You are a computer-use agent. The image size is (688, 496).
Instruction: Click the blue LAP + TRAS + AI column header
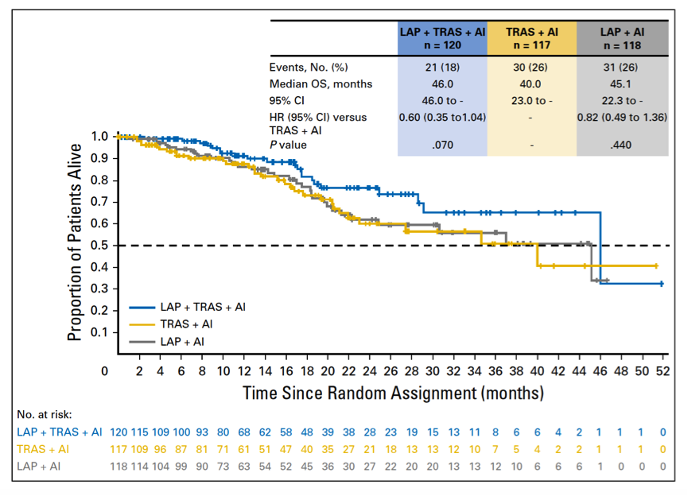pos(442,37)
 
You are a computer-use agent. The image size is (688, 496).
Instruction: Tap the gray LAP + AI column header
pos(621,37)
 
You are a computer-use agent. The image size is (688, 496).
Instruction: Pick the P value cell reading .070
pos(442,145)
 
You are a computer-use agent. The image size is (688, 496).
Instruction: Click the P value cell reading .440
pos(621,145)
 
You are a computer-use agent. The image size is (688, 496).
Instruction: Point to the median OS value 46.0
pos(442,83)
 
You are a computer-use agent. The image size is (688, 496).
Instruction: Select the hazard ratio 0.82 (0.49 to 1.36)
pos(621,117)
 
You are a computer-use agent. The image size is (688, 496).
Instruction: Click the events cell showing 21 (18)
pos(442,68)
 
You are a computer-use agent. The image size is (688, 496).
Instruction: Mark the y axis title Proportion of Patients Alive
pos(75,238)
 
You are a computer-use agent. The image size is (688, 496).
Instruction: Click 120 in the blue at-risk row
pos(118,432)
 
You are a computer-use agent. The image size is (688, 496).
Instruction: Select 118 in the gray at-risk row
pos(118,467)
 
